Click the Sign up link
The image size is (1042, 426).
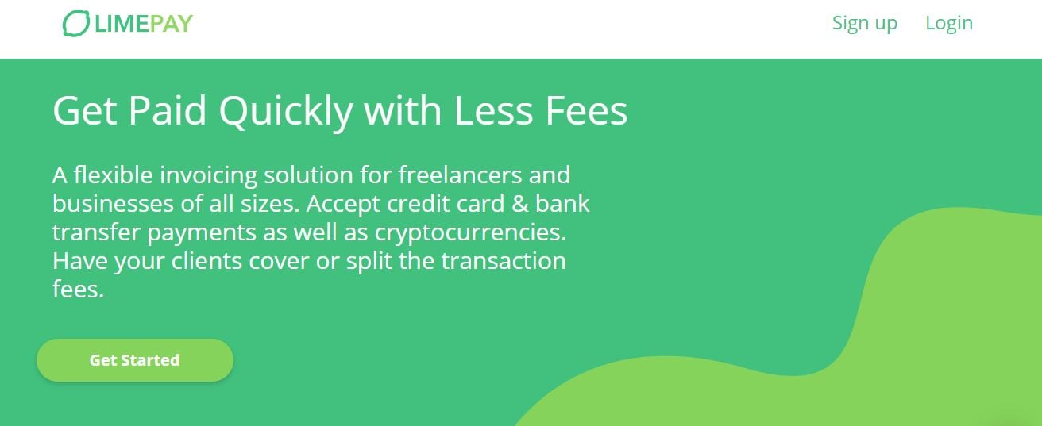pos(864,24)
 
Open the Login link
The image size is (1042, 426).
pos(949,24)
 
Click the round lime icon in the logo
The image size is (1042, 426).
pos(75,23)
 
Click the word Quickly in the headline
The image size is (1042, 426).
pos(286,112)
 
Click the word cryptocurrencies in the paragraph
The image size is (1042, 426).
pos(470,232)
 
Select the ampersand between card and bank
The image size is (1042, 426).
pos(519,204)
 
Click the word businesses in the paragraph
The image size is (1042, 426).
pos(113,204)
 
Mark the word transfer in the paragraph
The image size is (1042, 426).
pos(96,232)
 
